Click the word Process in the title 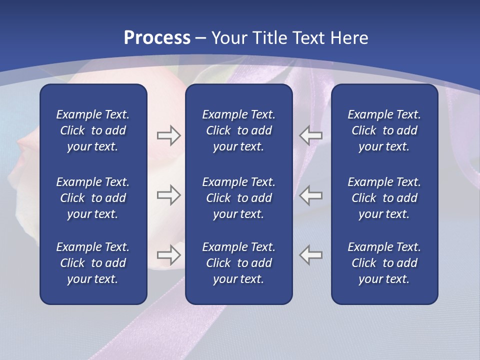click(x=157, y=38)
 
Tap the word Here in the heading click(x=349, y=38)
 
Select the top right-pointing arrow click(x=169, y=135)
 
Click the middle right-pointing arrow click(x=169, y=195)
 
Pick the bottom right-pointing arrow click(x=169, y=255)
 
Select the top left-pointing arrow click(x=310, y=135)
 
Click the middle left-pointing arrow click(x=310, y=195)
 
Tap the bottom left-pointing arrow click(x=310, y=255)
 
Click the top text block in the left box click(x=93, y=130)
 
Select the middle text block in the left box click(x=93, y=198)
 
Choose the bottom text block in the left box click(x=93, y=263)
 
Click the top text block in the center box click(x=238, y=130)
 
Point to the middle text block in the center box click(x=238, y=198)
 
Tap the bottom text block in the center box click(x=238, y=263)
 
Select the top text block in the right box click(x=384, y=130)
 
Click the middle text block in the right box click(x=384, y=198)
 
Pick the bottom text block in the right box click(x=384, y=263)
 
